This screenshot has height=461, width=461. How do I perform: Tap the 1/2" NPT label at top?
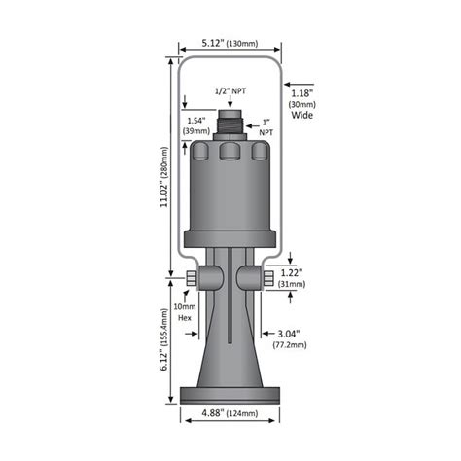coord(230,91)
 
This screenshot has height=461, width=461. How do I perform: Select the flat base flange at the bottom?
coord(230,394)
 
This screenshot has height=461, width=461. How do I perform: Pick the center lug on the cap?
coord(230,154)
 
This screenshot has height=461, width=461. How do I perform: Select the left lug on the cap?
coord(199,153)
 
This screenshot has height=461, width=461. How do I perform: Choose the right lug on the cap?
coord(260,153)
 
